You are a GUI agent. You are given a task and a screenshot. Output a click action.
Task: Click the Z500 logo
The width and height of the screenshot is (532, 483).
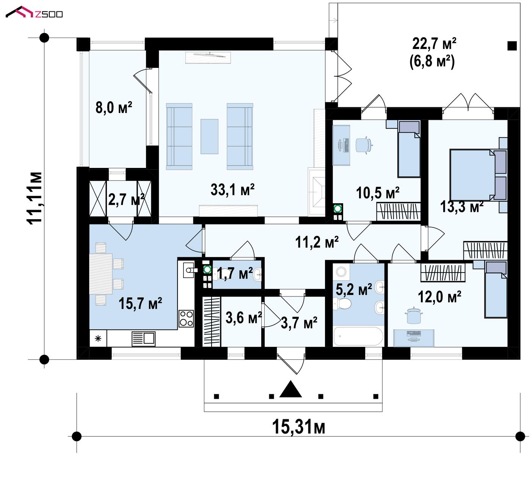tap(34, 13)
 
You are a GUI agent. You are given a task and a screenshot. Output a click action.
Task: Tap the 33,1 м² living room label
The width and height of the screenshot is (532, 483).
tap(232, 190)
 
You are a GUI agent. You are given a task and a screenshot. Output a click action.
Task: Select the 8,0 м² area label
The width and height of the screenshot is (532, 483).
tap(114, 108)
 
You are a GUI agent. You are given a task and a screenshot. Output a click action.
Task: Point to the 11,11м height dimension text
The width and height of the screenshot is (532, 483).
tap(35, 198)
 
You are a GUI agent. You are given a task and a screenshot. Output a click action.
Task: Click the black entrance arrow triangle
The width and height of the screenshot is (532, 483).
tap(290, 389)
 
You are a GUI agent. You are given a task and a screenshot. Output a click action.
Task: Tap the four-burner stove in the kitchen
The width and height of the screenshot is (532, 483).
tap(186, 318)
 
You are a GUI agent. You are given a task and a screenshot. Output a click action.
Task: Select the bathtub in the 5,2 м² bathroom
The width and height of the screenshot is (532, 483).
tap(358, 336)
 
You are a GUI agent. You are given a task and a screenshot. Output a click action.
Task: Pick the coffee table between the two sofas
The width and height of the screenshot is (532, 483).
tap(210, 136)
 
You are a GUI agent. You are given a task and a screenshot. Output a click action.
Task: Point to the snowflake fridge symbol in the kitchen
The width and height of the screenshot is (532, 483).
tap(98, 338)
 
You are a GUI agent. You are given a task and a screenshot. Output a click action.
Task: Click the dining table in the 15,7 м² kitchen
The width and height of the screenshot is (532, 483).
tap(101, 274)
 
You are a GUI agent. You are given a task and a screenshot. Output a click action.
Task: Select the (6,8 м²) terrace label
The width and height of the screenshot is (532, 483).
tap(432, 61)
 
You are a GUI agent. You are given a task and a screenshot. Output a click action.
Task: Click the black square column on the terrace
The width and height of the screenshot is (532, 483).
tap(512, 46)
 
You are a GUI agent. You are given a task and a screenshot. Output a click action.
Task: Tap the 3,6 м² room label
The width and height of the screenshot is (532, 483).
tap(243, 318)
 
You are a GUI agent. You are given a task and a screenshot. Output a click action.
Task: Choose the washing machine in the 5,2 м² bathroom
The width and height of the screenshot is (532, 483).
tap(341, 272)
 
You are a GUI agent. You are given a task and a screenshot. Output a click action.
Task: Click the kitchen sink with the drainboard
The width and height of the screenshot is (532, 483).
tap(143, 339)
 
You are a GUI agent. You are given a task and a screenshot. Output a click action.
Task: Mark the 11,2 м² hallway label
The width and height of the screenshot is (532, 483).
tap(317, 242)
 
